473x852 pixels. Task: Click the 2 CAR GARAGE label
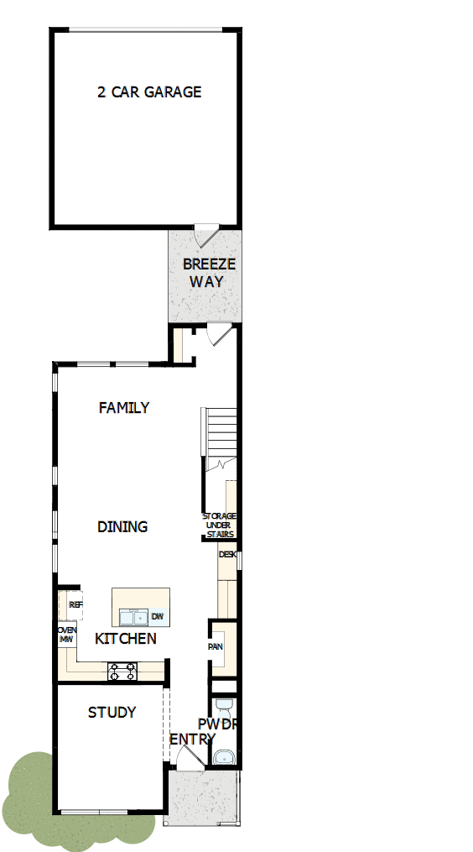[x=149, y=92]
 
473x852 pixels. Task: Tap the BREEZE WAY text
[x=209, y=273]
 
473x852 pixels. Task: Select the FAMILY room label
[x=124, y=408]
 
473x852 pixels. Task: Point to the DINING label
[x=122, y=527]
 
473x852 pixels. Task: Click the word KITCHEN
[x=126, y=639]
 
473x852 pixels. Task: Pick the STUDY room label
[x=112, y=713]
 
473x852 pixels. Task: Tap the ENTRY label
[x=192, y=740]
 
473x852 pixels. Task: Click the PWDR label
[x=217, y=724]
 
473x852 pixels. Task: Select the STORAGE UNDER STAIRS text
[x=220, y=525]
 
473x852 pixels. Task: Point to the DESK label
[x=227, y=555]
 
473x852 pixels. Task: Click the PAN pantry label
[x=215, y=647]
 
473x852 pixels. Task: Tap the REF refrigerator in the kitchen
[x=75, y=604]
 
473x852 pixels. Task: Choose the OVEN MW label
[x=66, y=635]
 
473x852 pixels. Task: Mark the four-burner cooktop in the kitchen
[x=122, y=671]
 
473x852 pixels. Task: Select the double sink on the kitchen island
[x=133, y=618]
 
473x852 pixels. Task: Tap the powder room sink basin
[x=223, y=757]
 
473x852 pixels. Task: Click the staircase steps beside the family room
[x=221, y=433]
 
